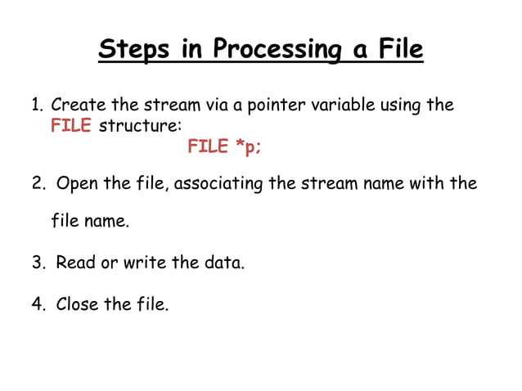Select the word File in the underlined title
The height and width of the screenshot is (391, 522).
click(x=399, y=50)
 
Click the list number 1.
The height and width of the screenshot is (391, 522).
click(x=36, y=106)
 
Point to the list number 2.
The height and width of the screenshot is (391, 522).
click(x=37, y=183)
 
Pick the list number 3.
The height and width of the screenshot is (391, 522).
click(x=37, y=263)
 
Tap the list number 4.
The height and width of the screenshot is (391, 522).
click(x=37, y=305)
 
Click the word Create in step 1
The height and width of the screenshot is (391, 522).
click(x=77, y=106)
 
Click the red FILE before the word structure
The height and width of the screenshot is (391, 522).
click(x=71, y=126)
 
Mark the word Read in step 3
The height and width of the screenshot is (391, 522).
click(x=75, y=263)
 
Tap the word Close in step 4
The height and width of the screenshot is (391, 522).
click(x=78, y=305)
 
